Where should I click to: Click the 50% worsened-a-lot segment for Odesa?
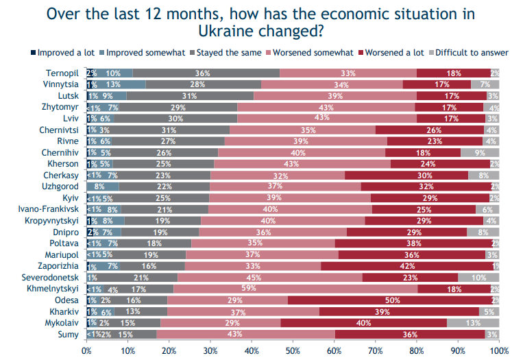click(x=393, y=300)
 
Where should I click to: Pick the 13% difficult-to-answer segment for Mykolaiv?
click(x=473, y=322)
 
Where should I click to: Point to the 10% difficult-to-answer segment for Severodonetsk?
click(x=478, y=277)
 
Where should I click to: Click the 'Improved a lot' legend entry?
click(x=63, y=52)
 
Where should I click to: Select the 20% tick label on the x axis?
click(x=169, y=350)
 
